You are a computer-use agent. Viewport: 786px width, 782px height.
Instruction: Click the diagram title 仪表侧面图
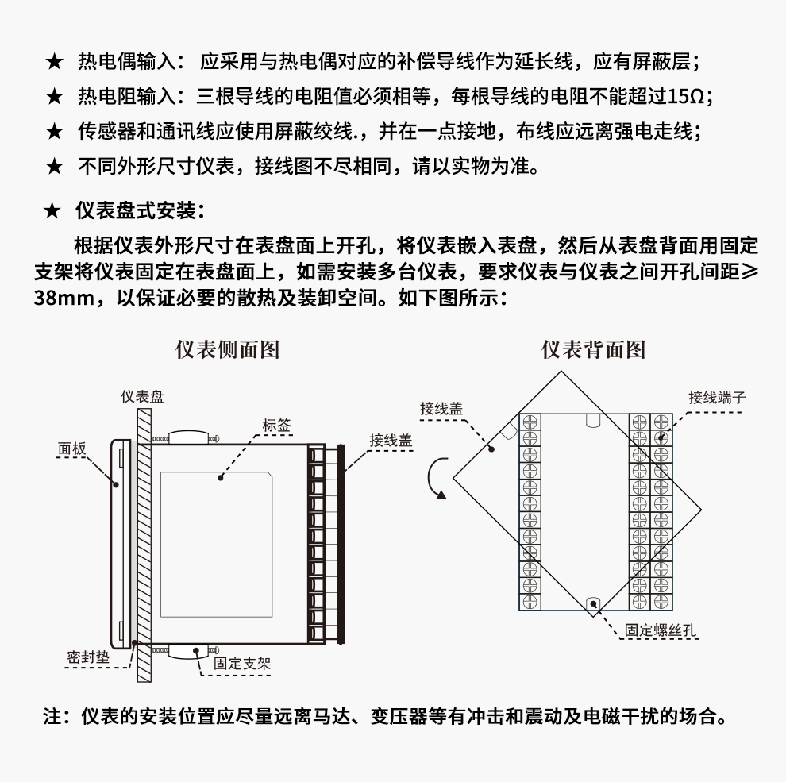[x=227, y=350]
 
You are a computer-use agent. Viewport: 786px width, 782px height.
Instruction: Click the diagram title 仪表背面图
[x=593, y=350]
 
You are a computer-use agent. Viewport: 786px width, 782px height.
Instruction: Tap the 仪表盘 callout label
[x=143, y=397]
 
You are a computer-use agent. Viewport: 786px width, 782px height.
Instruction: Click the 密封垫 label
[x=88, y=658]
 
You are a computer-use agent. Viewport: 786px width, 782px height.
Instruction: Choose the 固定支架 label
[x=242, y=663]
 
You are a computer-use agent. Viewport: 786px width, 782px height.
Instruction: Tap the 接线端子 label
[x=717, y=397]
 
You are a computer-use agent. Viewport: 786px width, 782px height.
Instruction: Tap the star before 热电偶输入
[x=54, y=62]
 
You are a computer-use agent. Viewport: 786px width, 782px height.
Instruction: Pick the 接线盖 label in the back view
[x=441, y=409]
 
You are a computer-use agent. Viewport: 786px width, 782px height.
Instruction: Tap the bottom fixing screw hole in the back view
[x=591, y=603]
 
